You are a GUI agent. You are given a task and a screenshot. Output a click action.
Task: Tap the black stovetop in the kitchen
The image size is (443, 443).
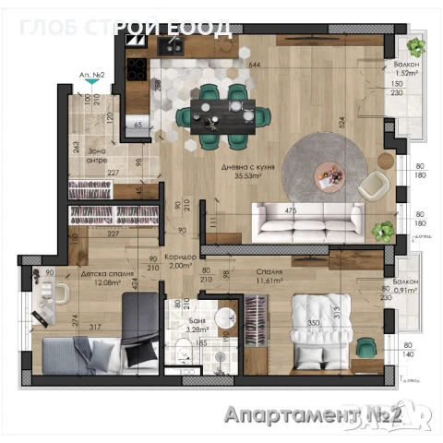[137, 67]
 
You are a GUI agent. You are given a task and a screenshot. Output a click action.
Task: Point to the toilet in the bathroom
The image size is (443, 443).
[186, 349]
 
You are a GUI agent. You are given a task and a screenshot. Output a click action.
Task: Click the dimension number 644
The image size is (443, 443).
[255, 65]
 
